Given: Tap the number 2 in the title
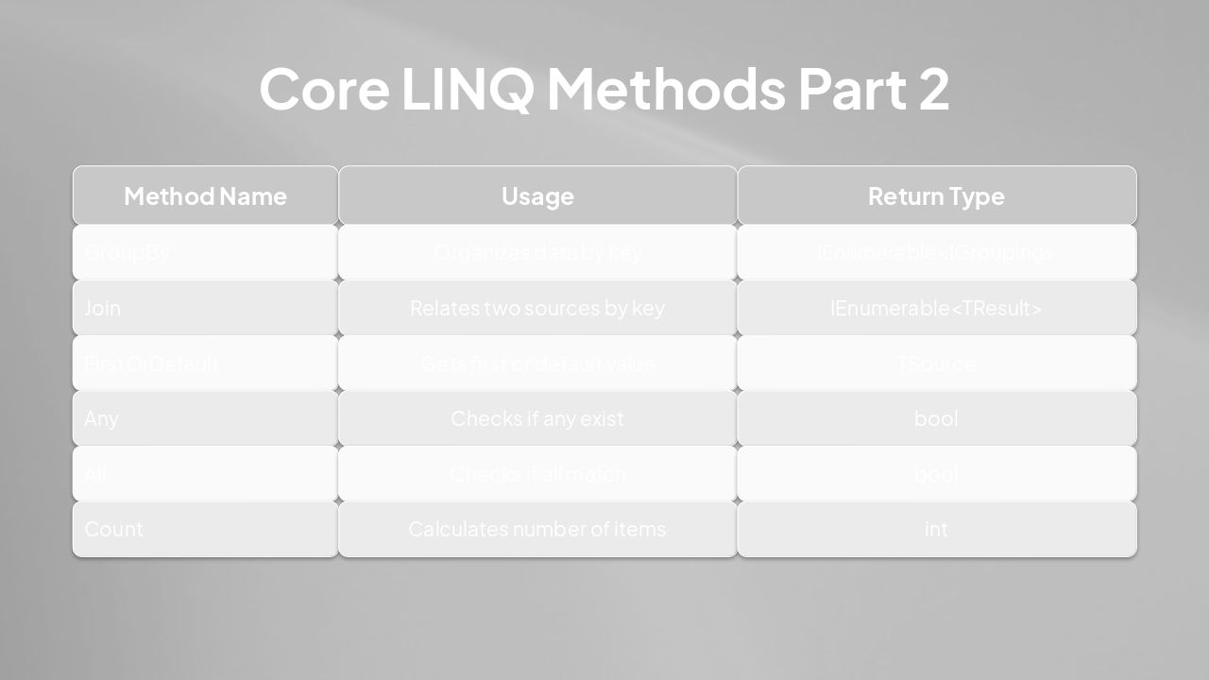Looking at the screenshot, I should coord(931,88).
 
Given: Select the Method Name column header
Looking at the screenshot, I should coord(205,195).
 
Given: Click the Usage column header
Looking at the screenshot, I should coord(537,195).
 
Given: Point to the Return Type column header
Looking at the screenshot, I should coord(936,195).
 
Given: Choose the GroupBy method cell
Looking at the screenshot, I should coord(128,252).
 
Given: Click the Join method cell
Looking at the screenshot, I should coord(103,308).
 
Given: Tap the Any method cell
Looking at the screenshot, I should coord(102,418).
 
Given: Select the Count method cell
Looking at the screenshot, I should coord(114,529).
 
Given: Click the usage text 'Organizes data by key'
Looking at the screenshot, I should coord(537,252).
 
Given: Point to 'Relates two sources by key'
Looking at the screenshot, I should coord(537,308).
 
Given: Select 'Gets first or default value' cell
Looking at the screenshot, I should coord(537,363).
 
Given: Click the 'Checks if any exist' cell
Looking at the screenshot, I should coord(537,418).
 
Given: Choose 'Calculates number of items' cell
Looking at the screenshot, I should coord(537,529).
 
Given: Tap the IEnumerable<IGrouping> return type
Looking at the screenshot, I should coord(936,252).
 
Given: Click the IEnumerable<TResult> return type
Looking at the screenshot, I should coord(936,308).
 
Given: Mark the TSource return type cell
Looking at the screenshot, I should coord(936,363).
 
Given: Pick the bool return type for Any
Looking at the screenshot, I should coord(936,418).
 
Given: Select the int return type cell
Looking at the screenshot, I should coord(936,529).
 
